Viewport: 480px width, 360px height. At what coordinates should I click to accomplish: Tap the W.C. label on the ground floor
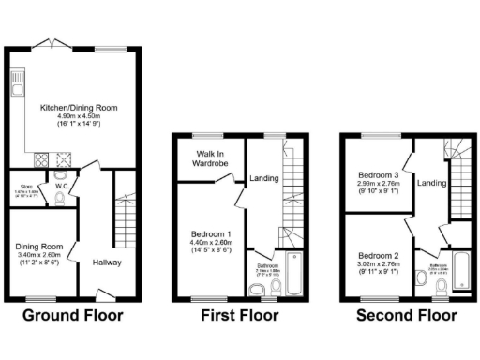(63, 186)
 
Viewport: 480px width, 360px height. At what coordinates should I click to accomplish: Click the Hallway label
(106, 263)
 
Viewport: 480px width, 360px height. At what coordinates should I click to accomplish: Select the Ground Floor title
(72, 315)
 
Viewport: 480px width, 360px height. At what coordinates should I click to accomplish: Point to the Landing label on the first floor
(264, 178)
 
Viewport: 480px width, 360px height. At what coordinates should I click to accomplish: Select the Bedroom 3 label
(379, 175)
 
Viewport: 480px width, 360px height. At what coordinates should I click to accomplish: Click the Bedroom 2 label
(379, 254)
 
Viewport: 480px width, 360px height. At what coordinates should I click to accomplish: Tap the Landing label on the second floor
(431, 183)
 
